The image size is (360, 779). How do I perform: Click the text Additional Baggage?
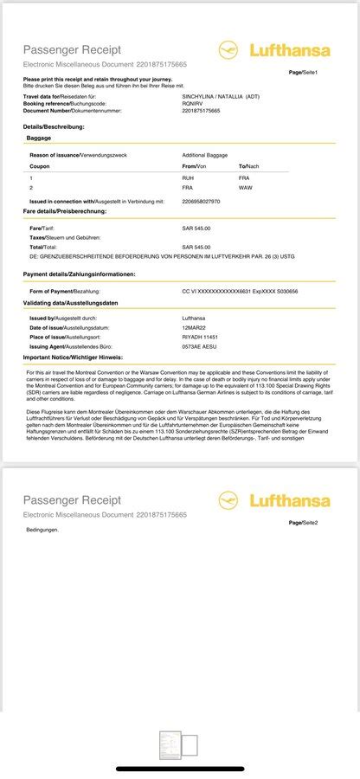point(205,154)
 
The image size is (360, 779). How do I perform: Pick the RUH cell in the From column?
point(188,177)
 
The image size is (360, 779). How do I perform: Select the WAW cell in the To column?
point(245,187)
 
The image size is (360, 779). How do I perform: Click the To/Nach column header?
point(249,165)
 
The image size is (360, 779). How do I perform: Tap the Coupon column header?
point(40,165)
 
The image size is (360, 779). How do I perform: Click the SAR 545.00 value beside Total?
point(196,247)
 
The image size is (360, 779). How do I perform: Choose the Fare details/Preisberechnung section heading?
point(65,211)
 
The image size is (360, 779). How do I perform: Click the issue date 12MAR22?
point(194,328)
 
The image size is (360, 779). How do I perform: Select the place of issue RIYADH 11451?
point(200,337)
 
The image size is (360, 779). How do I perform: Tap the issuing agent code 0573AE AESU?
point(200,346)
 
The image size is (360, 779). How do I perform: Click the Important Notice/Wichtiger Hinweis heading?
point(73,357)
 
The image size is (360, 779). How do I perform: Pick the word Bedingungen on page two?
point(42,529)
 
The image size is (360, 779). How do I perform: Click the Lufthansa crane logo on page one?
point(228,49)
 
